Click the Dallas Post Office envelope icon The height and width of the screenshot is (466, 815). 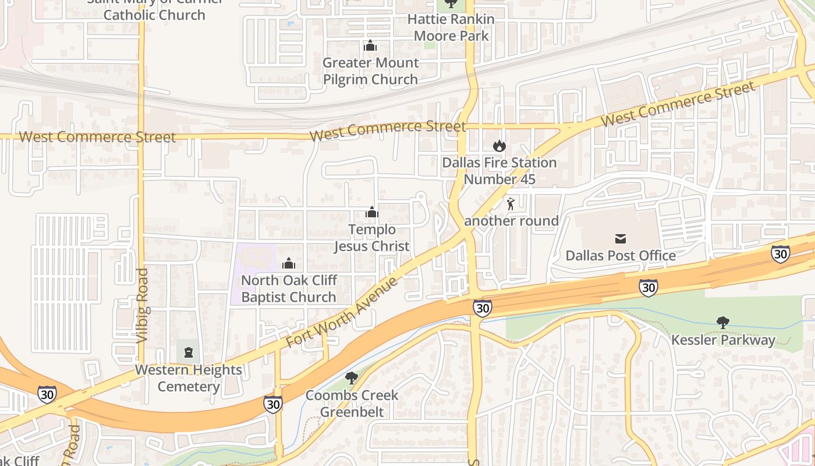click(x=620, y=238)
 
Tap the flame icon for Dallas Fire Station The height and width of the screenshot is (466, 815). click(x=499, y=146)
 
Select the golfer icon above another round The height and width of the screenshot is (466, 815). click(x=511, y=204)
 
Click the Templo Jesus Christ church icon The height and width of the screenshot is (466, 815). click(x=371, y=213)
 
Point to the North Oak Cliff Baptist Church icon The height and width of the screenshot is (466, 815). click(x=288, y=263)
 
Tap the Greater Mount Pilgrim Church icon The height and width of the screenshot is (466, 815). click(x=370, y=45)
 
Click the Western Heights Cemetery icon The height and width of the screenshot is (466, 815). click(x=188, y=352)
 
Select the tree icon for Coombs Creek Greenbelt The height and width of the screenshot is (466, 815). click(x=351, y=378)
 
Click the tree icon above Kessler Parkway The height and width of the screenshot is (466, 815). click(x=723, y=322)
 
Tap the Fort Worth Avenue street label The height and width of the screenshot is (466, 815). click(x=342, y=313)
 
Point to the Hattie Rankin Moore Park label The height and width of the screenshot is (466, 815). click(x=451, y=27)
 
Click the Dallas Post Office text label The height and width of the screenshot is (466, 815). click(x=621, y=256)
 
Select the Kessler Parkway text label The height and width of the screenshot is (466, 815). click(x=723, y=340)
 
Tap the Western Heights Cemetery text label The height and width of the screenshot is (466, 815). click(x=188, y=378)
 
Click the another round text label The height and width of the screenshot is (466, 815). click(x=511, y=221)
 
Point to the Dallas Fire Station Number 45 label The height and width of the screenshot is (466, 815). click(x=499, y=171)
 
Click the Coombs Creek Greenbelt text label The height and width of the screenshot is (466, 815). click(x=352, y=404)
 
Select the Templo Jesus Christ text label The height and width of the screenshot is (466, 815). click(x=371, y=238)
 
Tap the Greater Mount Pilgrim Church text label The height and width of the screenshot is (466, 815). click(x=370, y=71)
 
